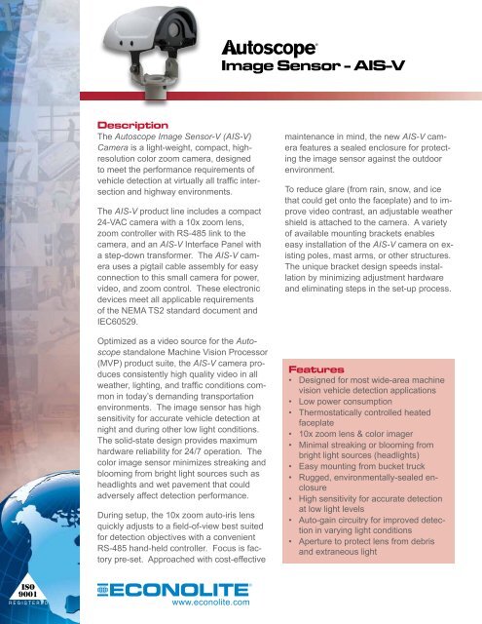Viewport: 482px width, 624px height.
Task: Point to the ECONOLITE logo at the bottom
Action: [x=181, y=589]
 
